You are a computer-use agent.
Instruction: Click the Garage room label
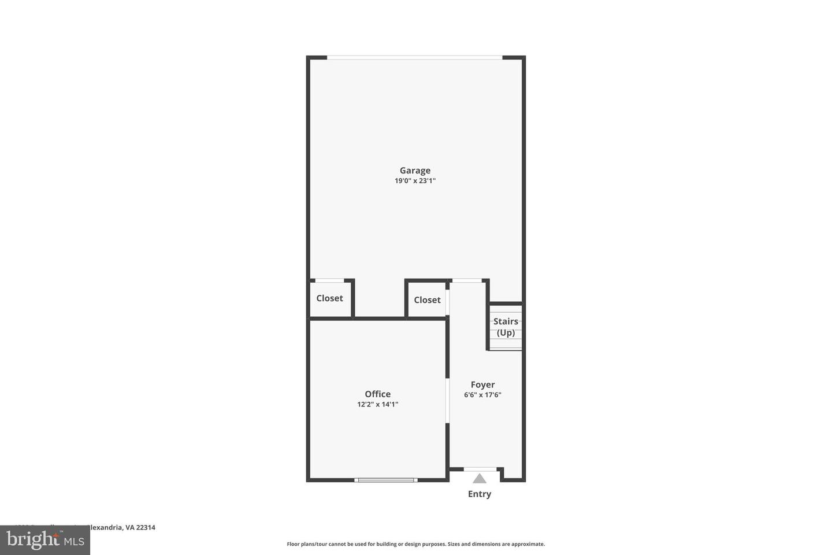point(415,171)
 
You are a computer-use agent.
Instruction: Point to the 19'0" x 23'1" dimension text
point(415,181)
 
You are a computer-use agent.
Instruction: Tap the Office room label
point(377,394)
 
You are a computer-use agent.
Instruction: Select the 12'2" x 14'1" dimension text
point(377,405)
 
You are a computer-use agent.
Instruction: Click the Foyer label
point(482,384)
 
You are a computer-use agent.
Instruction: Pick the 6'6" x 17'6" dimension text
point(482,395)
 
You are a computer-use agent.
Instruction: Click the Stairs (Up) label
point(506,327)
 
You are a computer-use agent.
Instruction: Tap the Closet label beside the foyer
point(427,299)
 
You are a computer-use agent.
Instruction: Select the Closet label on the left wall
point(329,298)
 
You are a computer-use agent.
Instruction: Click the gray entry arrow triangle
point(480,479)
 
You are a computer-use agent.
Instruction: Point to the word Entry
point(480,494)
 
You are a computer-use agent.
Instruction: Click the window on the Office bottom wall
point(386,480)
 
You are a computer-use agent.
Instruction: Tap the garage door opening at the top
point(414,57)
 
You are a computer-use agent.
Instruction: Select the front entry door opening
point(480,469)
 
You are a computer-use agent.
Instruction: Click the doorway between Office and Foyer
point(447,401)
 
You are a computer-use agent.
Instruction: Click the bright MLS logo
point(44,540)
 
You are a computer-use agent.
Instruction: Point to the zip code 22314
point(146,527)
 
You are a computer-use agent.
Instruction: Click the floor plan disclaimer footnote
point(415,544)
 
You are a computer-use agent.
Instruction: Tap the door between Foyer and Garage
point(467,281)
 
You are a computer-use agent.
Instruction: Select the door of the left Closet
point(329,281)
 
